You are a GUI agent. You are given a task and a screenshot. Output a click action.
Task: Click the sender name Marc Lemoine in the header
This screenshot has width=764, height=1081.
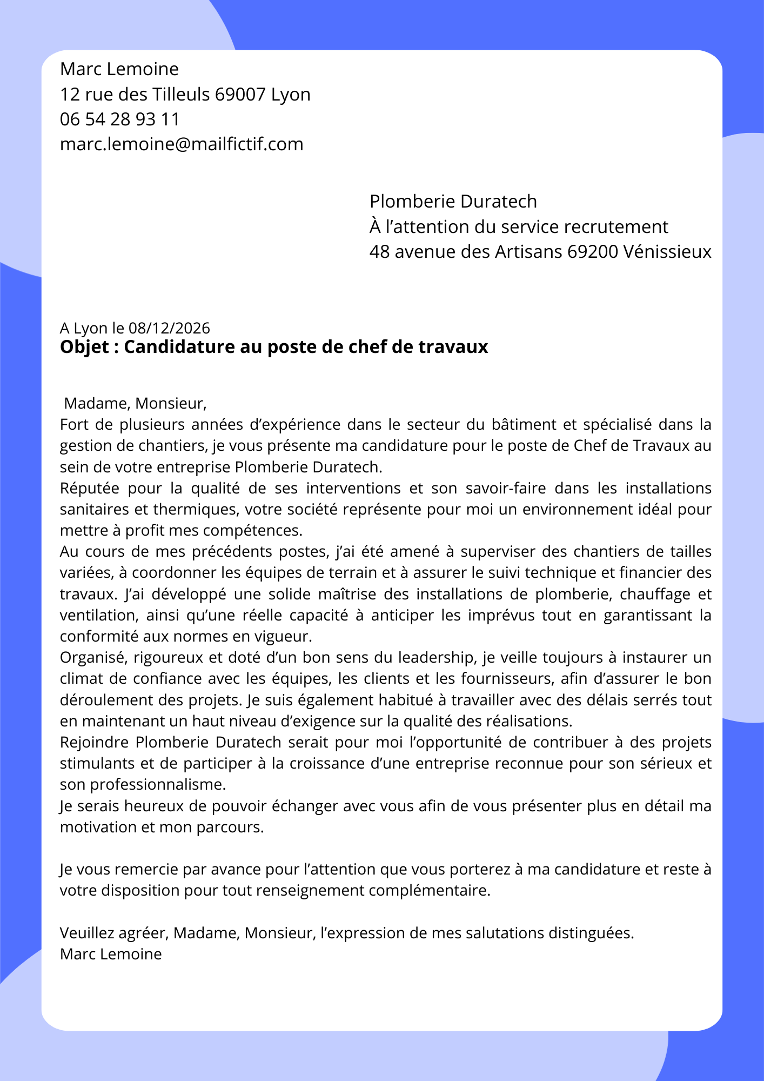click(x=119, y=69)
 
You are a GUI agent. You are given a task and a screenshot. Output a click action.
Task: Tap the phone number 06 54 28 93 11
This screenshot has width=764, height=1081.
click(x=119, y=119)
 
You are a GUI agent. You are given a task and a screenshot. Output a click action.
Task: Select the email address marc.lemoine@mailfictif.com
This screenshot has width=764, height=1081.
click(x=182, y=144)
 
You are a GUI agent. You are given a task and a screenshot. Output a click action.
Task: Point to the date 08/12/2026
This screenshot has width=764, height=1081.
click(x=169, y=328)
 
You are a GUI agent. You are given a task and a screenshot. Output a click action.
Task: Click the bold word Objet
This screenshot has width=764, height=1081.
click(x=84, y=347)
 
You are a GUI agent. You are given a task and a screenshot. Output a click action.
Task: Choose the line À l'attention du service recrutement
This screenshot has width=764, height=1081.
click(x=519, y=227)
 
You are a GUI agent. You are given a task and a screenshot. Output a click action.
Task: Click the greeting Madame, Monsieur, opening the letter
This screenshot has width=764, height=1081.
click(x=135, y=403)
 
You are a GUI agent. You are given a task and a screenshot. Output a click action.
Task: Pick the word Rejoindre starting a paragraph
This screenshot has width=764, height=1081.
click(x=95, y=743)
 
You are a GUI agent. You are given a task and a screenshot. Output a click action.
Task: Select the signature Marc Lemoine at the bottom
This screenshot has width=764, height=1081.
click(x=111, y=955)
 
